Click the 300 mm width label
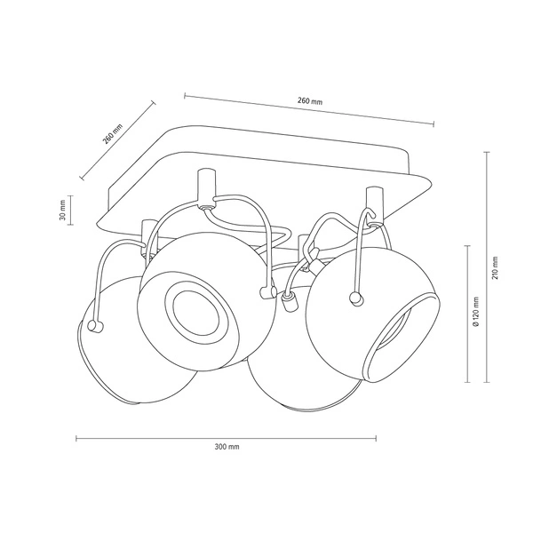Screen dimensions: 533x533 click(x=227, y=446)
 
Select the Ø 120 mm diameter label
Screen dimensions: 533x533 click(x=478, y=314)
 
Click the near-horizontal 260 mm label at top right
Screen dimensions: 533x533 click(x=310, y=101)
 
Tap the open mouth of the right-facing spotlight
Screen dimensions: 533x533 click(x=401, y=333)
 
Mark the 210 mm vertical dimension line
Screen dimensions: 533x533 click(x=484, y=266)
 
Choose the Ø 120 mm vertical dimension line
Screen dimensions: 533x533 click(x=467, y=314)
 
